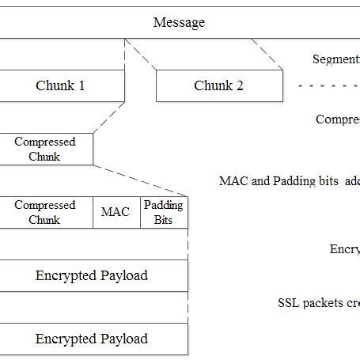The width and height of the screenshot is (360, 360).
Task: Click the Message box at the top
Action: coord(179,22)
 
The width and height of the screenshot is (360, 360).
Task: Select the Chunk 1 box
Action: coord(60,85)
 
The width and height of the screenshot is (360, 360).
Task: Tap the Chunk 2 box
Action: coord(218,85)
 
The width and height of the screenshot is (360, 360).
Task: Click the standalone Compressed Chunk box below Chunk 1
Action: coord(45,149)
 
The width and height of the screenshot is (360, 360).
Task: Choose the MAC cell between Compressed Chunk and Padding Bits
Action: coord(116,212)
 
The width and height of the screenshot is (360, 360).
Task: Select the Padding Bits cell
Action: coord(164,212)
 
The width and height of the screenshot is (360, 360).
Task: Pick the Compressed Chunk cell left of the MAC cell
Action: coord(45,212)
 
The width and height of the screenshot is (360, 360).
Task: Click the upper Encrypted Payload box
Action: coord(92,275)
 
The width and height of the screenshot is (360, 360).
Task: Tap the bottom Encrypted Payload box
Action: coord(92,339)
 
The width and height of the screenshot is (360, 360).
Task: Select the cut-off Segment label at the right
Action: coord(336,59)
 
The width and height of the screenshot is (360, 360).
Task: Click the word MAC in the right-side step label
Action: coord(232,180)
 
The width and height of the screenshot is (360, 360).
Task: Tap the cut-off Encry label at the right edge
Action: coord(345,249)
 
